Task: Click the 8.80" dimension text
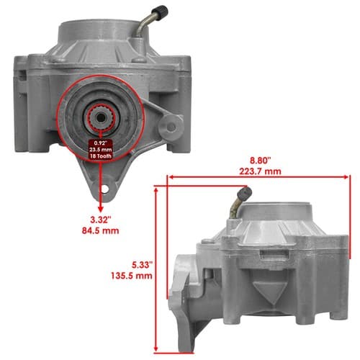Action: click(261, 161)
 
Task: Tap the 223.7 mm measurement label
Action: click(260, 171)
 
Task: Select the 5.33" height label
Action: click(143, 265)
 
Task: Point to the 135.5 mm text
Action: click(132, 276)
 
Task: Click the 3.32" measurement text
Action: click(101, 220)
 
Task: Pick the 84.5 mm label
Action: click(101, 230)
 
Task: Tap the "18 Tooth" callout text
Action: click(101, 156)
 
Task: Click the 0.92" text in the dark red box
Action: click(101, 143)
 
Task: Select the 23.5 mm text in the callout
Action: click(101, 150)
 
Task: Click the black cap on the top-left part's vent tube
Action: click(161, 11)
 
